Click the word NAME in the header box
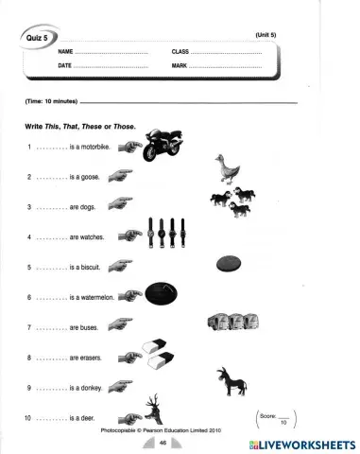point(65,50)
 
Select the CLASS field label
point(180,50)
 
